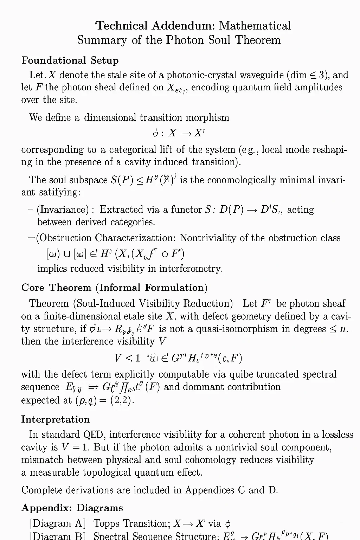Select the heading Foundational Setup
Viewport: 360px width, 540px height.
[70, 60]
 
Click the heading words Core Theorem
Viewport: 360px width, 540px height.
[56, 288]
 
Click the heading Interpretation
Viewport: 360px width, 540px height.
[55, 419]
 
